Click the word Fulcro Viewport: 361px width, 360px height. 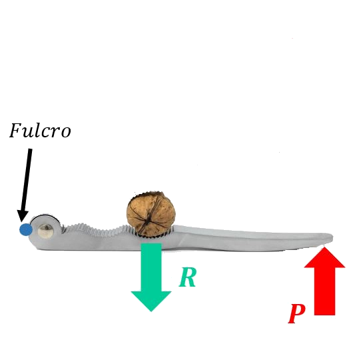40,131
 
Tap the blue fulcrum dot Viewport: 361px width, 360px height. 25,229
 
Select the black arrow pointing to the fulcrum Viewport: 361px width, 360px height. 26,185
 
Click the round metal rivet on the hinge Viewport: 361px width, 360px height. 45,230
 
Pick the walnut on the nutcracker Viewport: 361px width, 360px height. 151,214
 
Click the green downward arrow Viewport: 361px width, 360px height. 151,277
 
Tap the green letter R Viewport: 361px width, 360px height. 188,277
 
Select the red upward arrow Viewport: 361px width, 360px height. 324,281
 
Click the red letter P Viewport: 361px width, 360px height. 297,313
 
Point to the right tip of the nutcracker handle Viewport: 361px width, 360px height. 332,237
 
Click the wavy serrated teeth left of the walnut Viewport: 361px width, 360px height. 97,229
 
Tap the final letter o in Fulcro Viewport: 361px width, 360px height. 67,133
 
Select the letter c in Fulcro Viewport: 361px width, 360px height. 47,133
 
